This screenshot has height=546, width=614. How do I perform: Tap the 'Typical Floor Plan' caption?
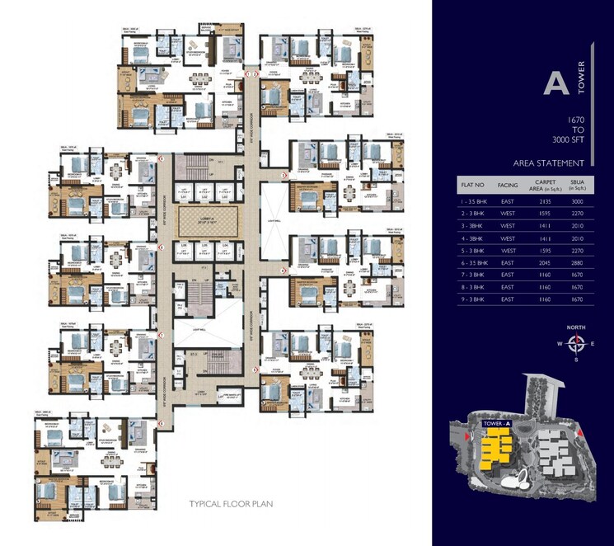pyautogui.click(x=231, y=504)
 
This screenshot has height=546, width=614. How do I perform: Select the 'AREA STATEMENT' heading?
pyautogui.click(x=548, y=162)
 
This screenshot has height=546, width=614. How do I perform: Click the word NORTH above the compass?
pyautogui.click(x=576, y=327)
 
